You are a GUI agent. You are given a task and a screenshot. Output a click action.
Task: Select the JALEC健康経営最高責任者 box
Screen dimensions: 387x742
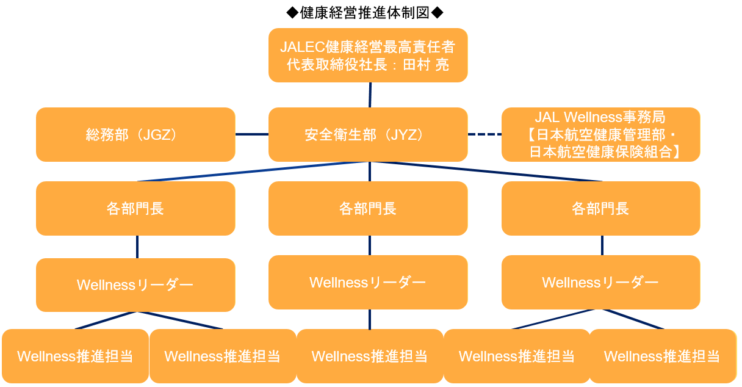[368, 55]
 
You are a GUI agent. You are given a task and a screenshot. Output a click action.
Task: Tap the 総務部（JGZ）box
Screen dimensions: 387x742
[135, 135]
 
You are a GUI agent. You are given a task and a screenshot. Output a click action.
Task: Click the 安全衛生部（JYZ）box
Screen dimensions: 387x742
[368, 135]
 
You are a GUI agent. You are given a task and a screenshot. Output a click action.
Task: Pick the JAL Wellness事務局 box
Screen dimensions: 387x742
[600, 135]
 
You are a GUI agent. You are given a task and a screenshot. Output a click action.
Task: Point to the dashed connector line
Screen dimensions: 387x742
[484, 134]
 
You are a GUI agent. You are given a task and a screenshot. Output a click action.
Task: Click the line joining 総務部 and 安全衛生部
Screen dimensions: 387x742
[252, 134]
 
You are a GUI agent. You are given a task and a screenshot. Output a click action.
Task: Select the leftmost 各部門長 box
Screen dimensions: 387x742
[135, 209]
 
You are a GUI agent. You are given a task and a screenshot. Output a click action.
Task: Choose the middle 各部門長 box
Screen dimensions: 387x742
[368, 209]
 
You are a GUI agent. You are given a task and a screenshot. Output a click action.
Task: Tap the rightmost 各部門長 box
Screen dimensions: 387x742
[600, 209]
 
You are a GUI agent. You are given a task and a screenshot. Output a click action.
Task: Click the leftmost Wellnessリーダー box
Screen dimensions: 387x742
[135, 285]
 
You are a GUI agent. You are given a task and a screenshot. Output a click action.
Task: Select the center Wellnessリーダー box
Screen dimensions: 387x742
[368, 283]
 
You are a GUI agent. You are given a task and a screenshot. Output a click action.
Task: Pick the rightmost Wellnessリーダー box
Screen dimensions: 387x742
[600, 283]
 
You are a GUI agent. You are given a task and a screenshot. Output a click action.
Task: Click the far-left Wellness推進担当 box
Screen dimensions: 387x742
[75, 356]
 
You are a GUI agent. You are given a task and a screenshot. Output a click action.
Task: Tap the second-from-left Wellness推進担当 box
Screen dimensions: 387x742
[223, 356]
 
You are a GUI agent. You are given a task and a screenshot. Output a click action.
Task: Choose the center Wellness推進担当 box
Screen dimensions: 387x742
[370, 356]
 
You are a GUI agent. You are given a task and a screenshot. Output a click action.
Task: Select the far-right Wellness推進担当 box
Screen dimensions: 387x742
[662, 356]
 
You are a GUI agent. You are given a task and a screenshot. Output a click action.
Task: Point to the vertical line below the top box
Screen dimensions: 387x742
[370, 95]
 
